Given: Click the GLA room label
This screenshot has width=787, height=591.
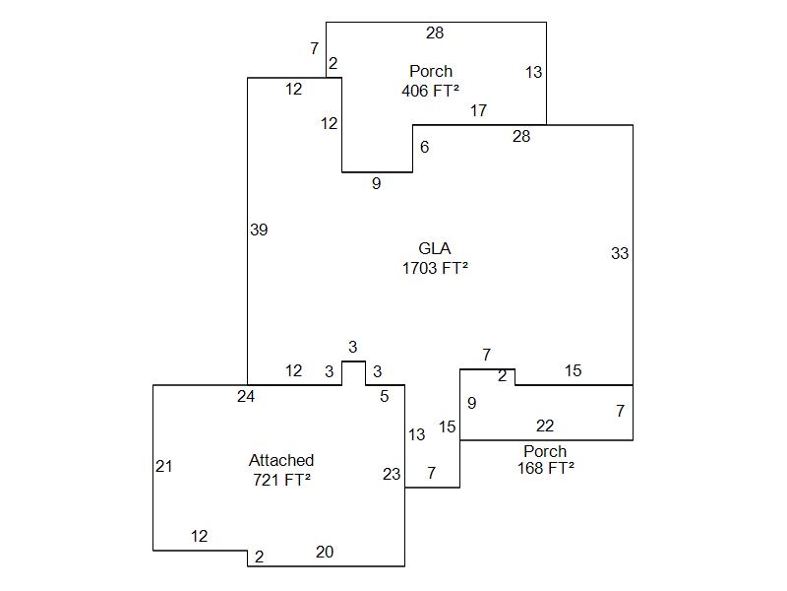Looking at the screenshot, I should (435, 249).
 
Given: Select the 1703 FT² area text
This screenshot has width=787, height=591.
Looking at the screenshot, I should (435, 268).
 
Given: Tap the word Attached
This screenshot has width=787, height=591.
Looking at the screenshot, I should (281, 460).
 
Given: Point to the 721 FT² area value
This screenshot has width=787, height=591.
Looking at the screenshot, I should (281, 480).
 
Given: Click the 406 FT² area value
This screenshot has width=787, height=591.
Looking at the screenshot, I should (431, 91).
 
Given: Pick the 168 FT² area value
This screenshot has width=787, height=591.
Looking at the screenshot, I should (545, 469).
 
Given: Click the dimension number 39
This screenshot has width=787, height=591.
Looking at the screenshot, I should (259, 230).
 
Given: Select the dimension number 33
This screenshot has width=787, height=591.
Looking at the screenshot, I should (619, 253).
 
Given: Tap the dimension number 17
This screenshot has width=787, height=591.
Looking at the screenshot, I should (478, 110).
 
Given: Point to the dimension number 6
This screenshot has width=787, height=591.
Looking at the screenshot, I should (425, 147).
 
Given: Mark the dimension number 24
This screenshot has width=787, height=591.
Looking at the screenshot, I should (246, 396).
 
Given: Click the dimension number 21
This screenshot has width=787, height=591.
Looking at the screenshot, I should (164, 466).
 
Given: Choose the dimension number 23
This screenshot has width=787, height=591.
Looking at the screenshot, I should (392, 474).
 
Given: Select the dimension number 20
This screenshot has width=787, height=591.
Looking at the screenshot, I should (325, 552).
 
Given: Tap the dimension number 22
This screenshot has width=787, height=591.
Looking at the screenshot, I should (545, 426).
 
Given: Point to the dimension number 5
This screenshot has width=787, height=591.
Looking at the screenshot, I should (385, 396).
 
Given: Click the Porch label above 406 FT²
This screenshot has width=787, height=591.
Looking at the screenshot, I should (431, 71).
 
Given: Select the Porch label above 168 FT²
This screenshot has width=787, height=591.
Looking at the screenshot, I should (545, 451).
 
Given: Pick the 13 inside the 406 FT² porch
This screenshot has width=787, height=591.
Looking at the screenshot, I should (533, 72).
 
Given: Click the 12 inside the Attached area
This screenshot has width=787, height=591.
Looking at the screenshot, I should (199, 537).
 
